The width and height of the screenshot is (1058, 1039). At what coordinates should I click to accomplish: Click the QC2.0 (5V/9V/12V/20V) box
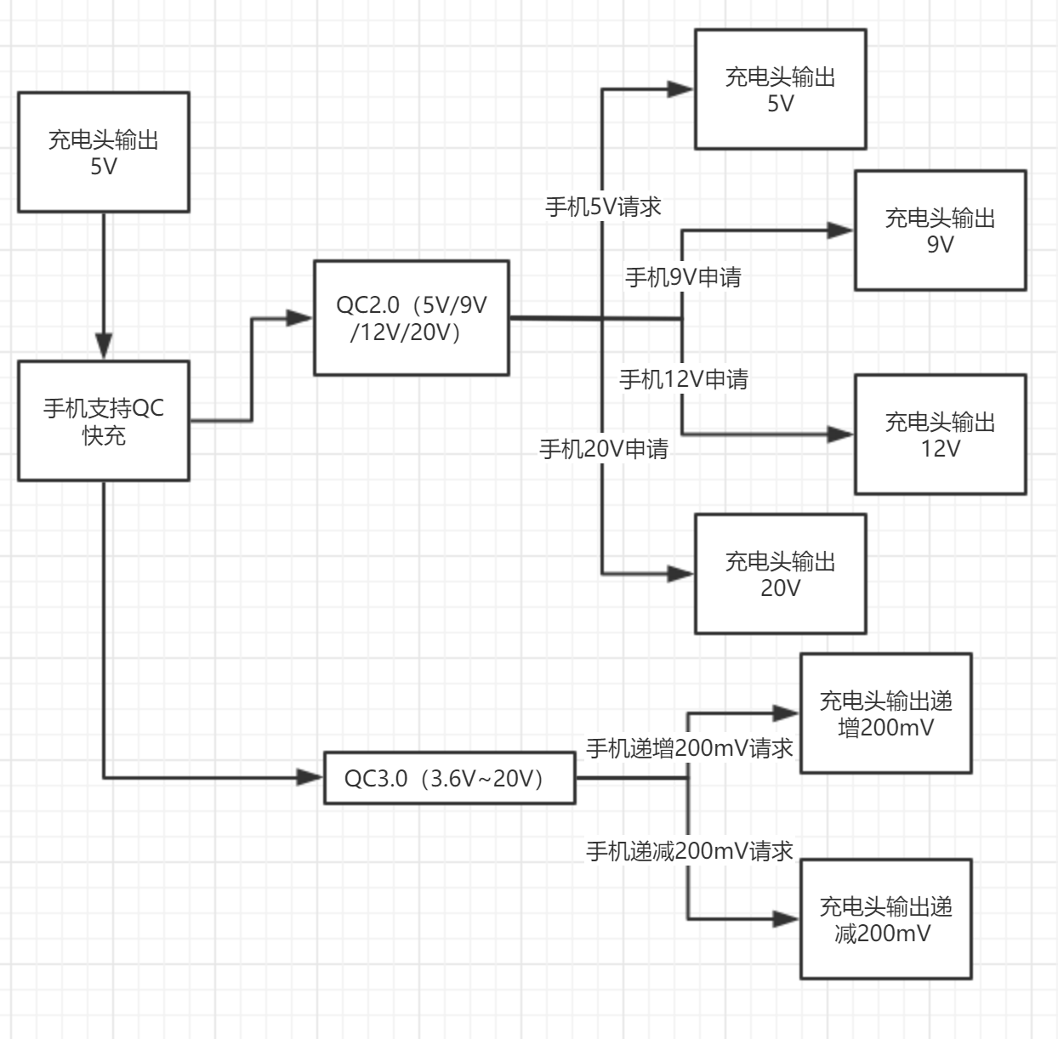412,318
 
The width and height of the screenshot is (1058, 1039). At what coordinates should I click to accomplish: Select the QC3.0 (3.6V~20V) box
449,777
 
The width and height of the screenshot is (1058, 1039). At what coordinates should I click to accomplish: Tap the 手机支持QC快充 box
104,421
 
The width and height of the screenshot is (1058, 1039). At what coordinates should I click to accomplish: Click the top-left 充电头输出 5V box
104,152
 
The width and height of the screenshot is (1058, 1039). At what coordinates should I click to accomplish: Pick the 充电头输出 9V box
940,230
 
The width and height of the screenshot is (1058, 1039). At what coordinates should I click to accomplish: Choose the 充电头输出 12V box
940,434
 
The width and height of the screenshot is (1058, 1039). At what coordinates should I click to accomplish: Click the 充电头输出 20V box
780,574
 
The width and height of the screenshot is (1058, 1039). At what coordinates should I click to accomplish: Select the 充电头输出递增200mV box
885,713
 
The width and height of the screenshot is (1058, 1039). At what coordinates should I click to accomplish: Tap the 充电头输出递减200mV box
885,919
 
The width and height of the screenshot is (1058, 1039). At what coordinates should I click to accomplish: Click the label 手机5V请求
603,207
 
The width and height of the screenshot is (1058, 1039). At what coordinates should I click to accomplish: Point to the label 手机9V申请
683,277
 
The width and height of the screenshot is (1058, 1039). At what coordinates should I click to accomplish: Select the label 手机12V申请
683,379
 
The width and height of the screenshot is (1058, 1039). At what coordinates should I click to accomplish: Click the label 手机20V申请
603,449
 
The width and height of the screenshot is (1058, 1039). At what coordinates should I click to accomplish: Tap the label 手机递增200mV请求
689,748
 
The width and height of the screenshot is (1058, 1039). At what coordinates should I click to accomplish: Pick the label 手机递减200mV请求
689,851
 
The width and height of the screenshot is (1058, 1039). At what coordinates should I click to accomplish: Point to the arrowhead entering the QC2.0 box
299,318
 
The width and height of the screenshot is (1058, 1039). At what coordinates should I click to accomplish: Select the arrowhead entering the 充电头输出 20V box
680,574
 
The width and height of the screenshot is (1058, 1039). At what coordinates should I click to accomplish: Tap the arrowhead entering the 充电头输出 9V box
840,230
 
